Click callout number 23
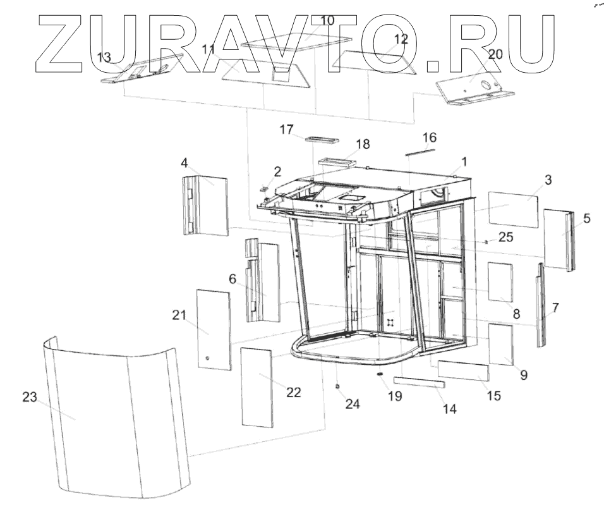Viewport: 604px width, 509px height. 28,397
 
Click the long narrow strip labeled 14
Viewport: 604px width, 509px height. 420,382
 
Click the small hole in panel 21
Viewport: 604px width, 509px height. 206,359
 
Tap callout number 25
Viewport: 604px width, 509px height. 505,237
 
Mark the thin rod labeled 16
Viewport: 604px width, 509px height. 420,150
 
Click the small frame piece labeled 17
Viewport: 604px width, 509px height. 322,139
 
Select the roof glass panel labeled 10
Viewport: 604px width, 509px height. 297,42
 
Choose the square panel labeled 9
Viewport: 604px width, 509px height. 501,344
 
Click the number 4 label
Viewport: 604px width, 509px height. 184,163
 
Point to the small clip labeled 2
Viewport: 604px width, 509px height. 265,187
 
